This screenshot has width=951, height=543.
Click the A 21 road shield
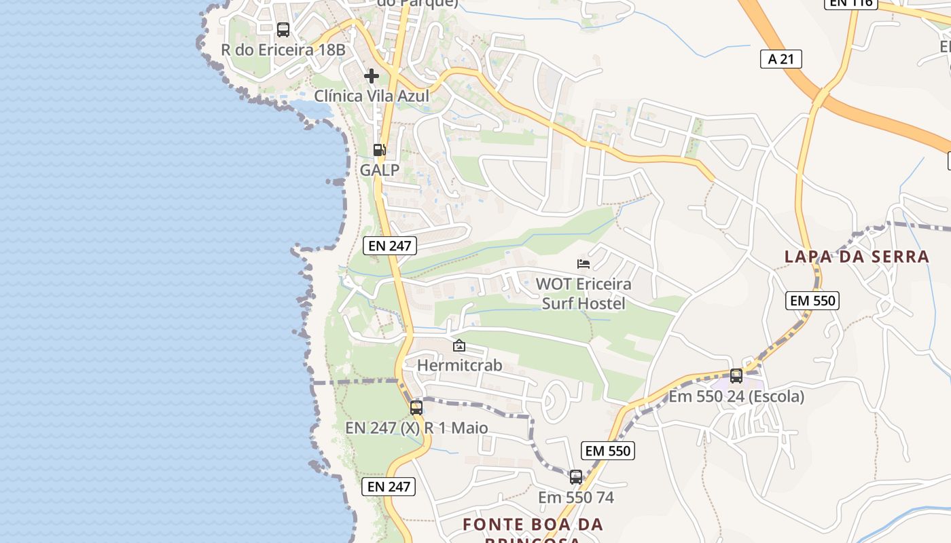(780, 59)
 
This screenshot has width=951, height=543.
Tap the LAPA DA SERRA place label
(857, 257)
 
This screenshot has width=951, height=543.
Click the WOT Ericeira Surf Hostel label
(584, 293)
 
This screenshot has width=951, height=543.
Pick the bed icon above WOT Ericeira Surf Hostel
(584, 263)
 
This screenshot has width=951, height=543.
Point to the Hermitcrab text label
(460, 365)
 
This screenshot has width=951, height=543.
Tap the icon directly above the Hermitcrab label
(459, 345)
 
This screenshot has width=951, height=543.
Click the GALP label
(379, 170)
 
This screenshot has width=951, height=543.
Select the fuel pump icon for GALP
(379, 150)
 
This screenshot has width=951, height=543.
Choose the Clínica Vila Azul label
(372, 96)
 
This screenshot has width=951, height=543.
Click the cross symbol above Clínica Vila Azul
(372, 76)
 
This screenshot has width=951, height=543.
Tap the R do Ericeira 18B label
(283, 50)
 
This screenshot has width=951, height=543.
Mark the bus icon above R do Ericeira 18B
(283, 30)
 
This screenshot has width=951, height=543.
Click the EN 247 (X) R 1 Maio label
(416, 428)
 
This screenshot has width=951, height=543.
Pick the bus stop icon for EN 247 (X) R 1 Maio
(416, 408)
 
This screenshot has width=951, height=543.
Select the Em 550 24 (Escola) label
(736, 396)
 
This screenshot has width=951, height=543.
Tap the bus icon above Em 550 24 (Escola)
(736, 375)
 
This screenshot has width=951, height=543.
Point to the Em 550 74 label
(576, 498)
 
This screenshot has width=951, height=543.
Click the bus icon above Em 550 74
(576, 477)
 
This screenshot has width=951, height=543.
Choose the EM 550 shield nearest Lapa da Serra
(812, 301)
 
